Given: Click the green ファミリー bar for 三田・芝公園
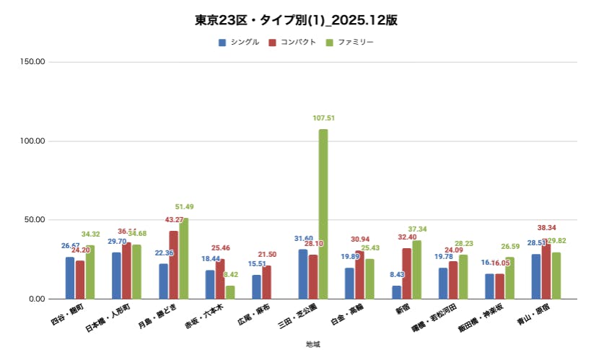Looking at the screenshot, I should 323,214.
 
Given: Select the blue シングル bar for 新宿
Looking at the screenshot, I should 397,292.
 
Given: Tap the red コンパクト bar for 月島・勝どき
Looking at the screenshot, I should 174,265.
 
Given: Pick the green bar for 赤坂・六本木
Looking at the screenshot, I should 230,292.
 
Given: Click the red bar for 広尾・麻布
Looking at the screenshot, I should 267,282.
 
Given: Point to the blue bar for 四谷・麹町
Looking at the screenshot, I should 70,278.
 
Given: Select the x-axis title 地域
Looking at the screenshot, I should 312,344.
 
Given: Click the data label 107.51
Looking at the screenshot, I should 323,118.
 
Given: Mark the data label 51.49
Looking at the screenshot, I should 184,207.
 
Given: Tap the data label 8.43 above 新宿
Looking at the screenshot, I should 397,275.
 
